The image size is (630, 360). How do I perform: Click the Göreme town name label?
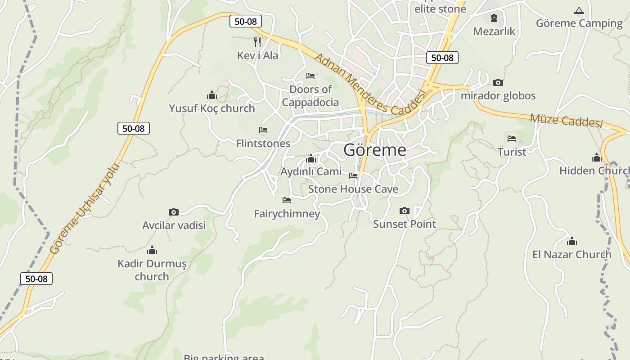coord(374,150)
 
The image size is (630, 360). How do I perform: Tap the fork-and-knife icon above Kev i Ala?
coord(257,42)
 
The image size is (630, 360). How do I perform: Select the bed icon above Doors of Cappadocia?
coord(310,76)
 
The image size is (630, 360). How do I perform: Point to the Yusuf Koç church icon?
coord(212,95)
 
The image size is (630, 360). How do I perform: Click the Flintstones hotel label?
coord(263,144)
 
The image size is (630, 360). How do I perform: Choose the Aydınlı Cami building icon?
coord(310,158)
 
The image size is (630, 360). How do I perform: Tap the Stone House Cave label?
coord(353,189)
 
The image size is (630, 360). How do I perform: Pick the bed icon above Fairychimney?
coord(287,200)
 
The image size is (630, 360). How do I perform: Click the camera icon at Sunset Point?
coord(405,211)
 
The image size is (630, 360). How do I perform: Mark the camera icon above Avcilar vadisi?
coord(174,212)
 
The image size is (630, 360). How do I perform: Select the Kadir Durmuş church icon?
coord(152,250)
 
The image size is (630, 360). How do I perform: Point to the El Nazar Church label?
coord(572,254)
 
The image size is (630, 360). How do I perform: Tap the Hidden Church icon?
coord(597,157)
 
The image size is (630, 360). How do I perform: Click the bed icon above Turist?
coord(512,139)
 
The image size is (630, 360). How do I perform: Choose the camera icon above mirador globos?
coord(498,82)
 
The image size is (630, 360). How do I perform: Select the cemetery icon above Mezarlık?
coord(494,18)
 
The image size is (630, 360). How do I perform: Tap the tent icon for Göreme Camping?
coord(579,10)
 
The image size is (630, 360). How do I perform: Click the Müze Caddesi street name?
coord(566,121)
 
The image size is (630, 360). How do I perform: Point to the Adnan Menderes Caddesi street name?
coord(369,85)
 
